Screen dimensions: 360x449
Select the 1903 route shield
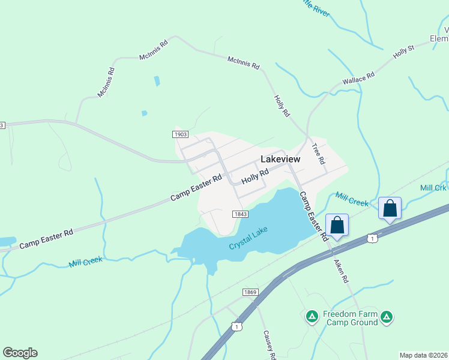click(x=180, y=134)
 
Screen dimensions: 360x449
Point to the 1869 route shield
click(x=250, y=292)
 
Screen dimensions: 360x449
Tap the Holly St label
click(x=403, y=51)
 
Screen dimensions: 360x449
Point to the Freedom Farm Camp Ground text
click(x=351, y=318)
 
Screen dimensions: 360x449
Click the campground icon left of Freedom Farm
click(x=312, y=316)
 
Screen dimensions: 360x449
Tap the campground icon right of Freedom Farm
click(x=387, y=316)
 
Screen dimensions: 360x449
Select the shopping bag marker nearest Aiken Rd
click(x=337, y=226)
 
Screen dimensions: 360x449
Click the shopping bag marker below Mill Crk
click(x=390, y=208)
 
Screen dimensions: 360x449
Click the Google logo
click(x=20, y=353)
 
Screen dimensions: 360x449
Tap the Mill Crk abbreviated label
click(x=433, y=188)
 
